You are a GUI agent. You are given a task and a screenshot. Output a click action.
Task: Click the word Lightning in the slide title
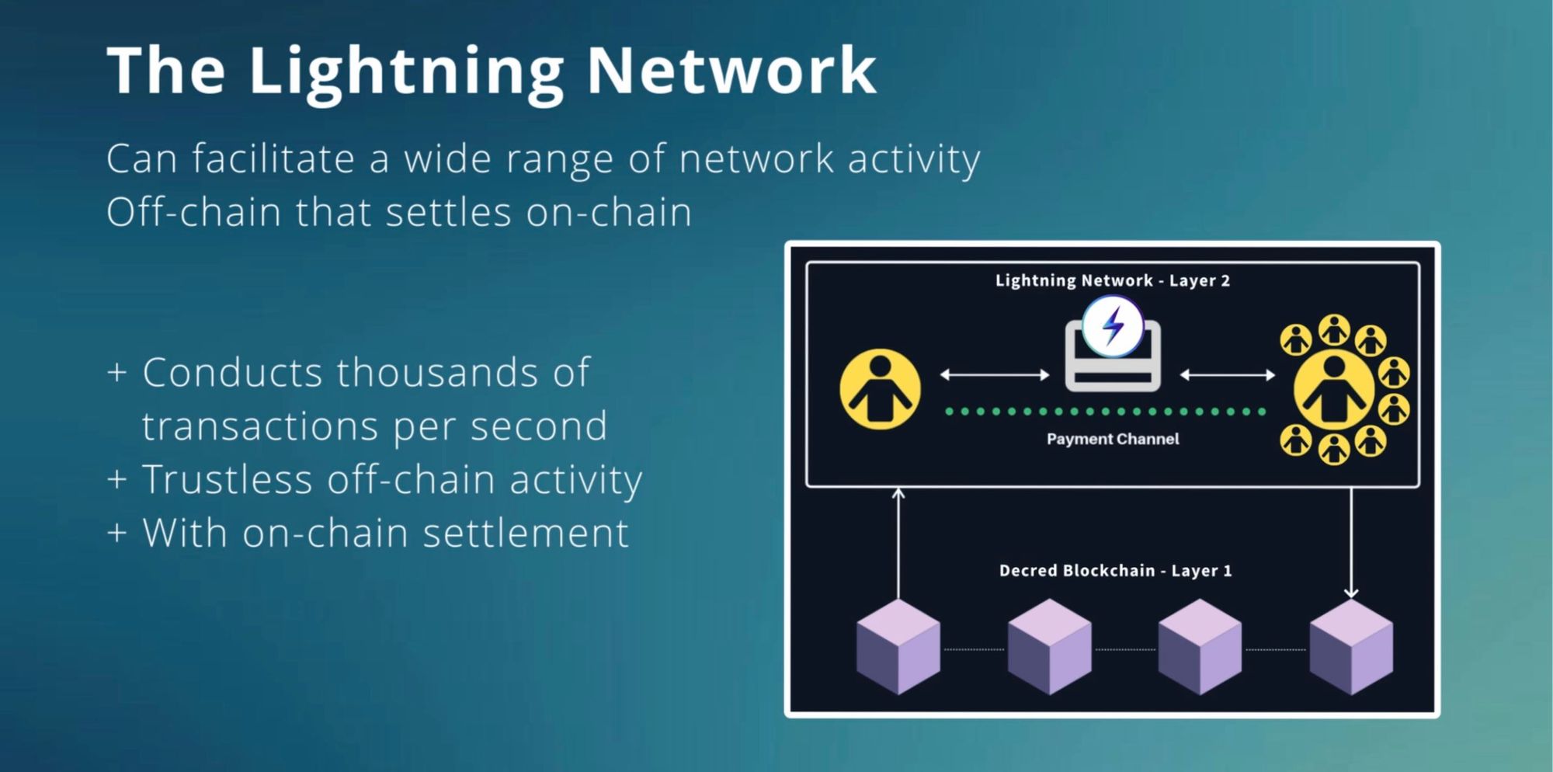[406, 72]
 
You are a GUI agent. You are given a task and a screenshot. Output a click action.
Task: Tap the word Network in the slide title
[731, 71]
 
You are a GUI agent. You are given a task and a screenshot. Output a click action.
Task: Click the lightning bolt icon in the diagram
[1113, 326]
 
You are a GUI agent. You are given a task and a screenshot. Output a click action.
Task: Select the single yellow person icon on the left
[880, 389]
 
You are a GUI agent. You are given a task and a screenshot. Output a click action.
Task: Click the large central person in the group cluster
[1335, 389]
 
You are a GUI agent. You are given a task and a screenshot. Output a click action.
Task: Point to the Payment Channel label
[1113, 439]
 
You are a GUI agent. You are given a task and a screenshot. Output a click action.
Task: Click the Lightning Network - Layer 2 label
[1113, 280]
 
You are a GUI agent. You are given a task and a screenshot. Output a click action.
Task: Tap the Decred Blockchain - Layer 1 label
[1115, 570]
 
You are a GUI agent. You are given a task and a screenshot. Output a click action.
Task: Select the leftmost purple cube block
[898, 646]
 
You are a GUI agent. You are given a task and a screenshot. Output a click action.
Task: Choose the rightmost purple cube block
[1351, 646]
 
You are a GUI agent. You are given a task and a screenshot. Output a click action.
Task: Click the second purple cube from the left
[1050, 646]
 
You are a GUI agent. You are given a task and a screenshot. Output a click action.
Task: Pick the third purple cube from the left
[1200, 646]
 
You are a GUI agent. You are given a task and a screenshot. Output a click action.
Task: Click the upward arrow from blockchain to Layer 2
[898, 543]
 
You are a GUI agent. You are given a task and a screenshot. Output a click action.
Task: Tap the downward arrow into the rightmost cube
[1351, 543]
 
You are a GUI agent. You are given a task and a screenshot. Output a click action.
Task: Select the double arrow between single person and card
[995, 375]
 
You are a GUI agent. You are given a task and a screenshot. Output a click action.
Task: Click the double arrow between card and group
[1228, 375]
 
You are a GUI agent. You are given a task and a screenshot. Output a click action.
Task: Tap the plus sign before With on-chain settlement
[116, 533]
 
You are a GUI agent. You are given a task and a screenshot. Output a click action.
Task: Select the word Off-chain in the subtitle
[193, 211]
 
